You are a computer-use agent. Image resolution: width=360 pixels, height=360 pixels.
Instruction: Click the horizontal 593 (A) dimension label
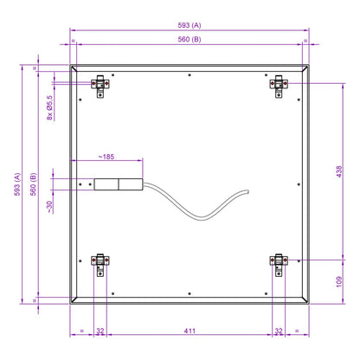click(190, 25)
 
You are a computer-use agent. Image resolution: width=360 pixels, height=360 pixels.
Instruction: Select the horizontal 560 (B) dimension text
click(190, 39)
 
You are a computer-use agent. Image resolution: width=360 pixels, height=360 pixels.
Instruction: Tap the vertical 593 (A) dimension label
click(17, 184)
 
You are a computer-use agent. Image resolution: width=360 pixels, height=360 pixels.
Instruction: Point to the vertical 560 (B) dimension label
click(33, 184)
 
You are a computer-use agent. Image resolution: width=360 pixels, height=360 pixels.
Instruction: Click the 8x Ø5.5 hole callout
click(49, 107)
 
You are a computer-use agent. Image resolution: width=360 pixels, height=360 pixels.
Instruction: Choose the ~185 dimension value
click(106, 157)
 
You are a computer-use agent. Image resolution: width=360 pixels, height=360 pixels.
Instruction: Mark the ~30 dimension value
click(49, 207)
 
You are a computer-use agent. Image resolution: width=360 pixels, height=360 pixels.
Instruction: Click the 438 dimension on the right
click(339, 171)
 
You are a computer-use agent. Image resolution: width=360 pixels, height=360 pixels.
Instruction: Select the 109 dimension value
click(339, 281)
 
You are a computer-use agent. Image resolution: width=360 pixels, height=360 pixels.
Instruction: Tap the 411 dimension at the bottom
click(190, 331)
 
